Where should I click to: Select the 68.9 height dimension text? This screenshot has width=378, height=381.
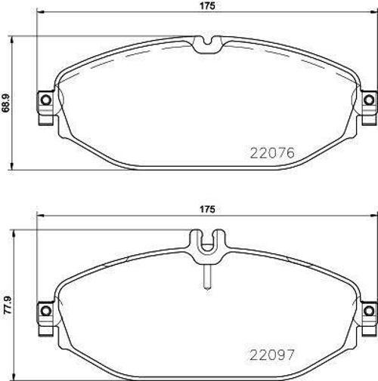[7, 101]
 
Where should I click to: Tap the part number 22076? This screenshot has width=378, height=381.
[271, 152]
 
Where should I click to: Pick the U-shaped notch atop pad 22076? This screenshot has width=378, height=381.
[206, 45]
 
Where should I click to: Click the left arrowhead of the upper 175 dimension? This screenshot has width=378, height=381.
[39, 14]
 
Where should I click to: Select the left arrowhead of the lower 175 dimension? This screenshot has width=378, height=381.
[39, 214]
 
